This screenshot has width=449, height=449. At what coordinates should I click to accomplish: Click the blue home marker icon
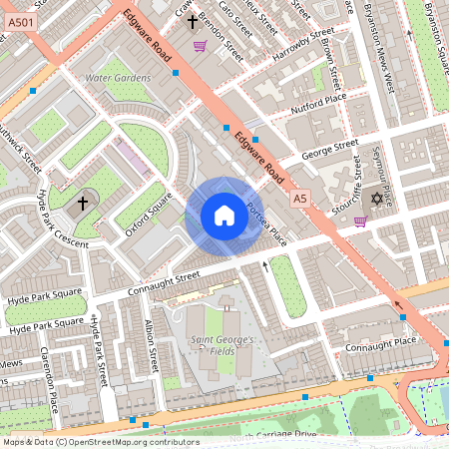point(224,216)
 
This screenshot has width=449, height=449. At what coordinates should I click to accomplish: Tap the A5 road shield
point(300,200)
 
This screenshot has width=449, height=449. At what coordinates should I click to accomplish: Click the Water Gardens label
point(118,78)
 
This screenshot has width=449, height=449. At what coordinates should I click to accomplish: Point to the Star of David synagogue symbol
point(377,200)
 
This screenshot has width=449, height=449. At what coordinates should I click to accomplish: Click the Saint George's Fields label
point(224,346)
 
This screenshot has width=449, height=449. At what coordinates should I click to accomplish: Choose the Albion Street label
point(152,344)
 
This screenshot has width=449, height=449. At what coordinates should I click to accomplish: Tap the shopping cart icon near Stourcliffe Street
point(359,221)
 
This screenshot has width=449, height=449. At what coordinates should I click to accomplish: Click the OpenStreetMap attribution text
point(100,442)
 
